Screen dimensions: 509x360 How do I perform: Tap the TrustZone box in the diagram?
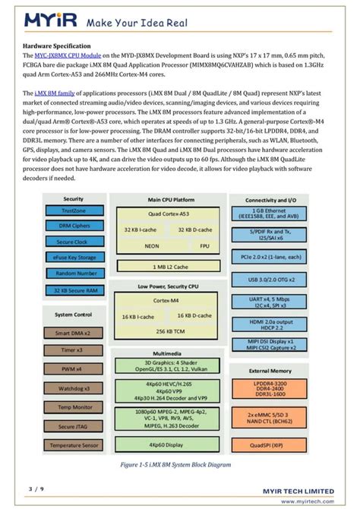tap(74, 211)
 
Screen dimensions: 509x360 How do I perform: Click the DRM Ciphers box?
tap(74, 226)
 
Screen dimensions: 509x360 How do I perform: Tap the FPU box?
tap(204, 246)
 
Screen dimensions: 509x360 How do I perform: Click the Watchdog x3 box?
tap(74, 389)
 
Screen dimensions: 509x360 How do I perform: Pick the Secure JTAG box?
tap(74, 426)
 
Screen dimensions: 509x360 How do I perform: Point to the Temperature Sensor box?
tap(74, 445)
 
